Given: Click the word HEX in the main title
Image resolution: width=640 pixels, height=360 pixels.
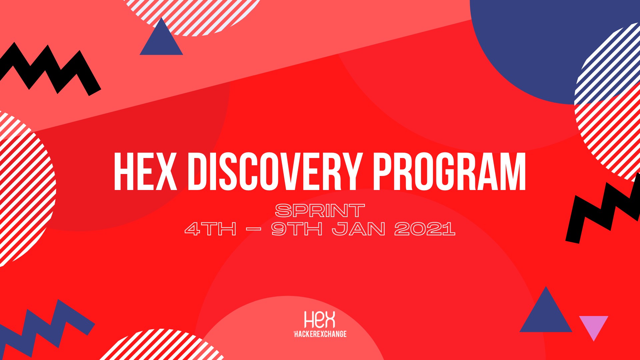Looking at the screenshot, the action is pyautogui.click(x=145, y=172).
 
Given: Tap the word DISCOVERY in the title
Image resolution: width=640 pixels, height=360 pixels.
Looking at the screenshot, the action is pyautogui.click(x=275, y=172).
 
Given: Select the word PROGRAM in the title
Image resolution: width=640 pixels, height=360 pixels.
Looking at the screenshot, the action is pyautogui.click(x=449, y=172).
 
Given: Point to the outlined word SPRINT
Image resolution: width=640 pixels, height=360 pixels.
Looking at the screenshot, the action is pyautogui.click(x=320, y=211).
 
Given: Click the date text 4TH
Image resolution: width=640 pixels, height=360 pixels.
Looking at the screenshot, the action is pyautogui.click(x=211, y=229).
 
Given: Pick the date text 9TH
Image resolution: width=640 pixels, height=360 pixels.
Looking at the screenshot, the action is pyautogui.click(x=297, y=229).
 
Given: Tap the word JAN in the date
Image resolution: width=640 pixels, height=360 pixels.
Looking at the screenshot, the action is pyautogui.click(x=359, y=229).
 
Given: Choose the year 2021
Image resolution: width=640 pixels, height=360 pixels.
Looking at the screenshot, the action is pyautogui.click(x=425, y=229).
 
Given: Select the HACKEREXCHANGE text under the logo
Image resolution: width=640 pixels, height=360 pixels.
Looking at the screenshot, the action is pyautogui.click(x=320, y=334).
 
